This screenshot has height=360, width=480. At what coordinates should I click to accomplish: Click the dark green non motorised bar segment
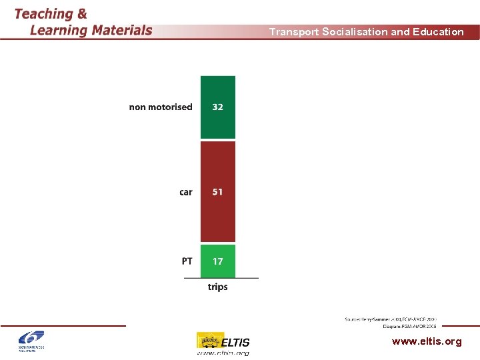click(218, 123)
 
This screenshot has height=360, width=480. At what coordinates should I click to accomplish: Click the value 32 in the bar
click(218, 107)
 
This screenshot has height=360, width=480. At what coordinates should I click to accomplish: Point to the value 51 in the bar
click(218, 192)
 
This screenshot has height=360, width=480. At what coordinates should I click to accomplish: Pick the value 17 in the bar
click(218, 261)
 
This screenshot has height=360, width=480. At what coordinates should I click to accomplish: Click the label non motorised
click(161, 107)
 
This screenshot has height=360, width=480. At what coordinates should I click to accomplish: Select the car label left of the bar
click(186, 192)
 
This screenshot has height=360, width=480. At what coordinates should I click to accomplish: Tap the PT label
click(187, 261)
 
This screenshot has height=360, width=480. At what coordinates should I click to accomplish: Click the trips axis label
click(218, 287)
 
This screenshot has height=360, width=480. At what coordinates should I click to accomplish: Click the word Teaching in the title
click(43, 14)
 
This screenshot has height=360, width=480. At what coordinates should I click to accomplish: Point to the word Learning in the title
click(59, 30)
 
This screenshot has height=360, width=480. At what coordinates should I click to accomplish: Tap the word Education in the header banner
click(438, 32)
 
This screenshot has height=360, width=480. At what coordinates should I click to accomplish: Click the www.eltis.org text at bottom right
click(427, 341)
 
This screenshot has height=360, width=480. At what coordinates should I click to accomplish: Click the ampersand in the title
click(81, 14)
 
